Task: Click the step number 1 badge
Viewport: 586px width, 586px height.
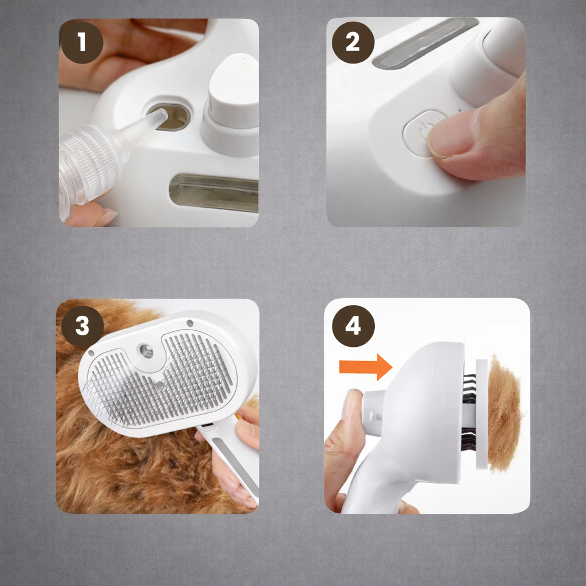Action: [82, 42]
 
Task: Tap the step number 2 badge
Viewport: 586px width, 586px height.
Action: [353, 42]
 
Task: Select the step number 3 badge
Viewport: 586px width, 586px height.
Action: [82, 327]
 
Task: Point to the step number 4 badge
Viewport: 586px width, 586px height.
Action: [353, 326]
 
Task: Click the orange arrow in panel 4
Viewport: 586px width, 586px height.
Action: [366, 367]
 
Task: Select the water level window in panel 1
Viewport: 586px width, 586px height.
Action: [214, 192]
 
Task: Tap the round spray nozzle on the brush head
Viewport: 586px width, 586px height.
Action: [146, 351]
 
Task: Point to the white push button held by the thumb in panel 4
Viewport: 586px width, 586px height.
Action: [373, 413]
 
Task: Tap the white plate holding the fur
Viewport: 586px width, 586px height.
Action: [481, 414]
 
